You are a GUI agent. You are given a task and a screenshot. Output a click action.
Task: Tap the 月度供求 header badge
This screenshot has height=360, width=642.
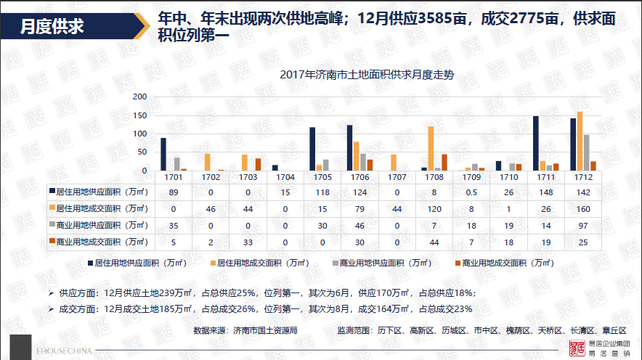51,27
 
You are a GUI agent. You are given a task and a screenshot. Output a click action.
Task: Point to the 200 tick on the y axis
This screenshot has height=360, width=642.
139,97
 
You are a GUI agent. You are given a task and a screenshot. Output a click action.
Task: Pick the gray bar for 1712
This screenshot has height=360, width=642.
586,152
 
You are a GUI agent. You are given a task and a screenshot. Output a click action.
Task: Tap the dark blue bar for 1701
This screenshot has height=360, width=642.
163,154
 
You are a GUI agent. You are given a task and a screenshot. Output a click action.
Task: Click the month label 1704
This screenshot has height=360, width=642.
285,177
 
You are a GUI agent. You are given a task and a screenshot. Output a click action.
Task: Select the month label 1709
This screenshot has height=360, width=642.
471,177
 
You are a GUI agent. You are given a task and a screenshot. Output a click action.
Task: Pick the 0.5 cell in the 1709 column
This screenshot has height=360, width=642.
471,192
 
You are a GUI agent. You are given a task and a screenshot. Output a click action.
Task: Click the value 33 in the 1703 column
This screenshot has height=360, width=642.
248,242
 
